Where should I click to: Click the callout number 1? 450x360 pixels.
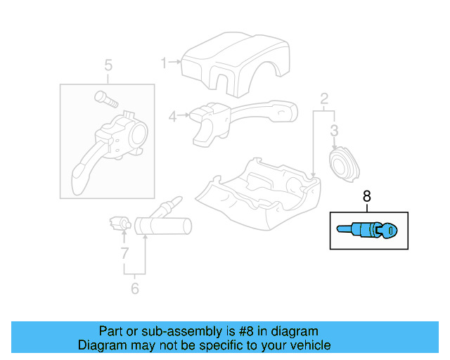tap(164, 63)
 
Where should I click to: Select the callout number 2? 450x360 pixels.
tap(324, 98)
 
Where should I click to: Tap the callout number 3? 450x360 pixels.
tap(334, 130)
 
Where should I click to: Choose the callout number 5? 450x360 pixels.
tap(108, 66)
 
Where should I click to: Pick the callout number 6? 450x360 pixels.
tap(135, 288)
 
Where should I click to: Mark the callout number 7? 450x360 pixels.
tap(124, 252)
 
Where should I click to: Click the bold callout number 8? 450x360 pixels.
tap(366, 197)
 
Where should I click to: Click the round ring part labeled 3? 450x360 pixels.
tap(344, 166)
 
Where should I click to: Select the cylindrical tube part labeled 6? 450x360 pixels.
tap(161, 224)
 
